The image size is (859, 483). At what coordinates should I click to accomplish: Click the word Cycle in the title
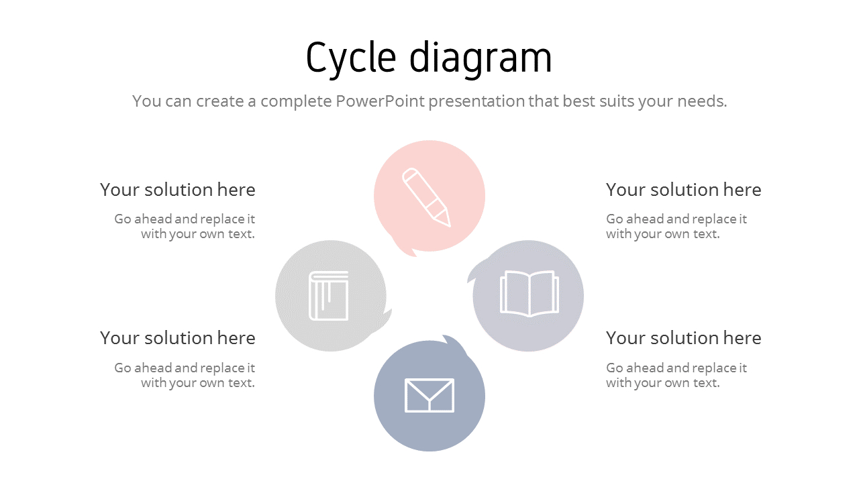click(351, 58)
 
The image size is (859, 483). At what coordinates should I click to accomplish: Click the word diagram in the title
click(481, 58)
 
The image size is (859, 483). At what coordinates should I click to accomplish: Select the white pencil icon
click(426, 197)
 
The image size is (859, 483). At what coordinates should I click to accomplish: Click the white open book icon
click(529, 293)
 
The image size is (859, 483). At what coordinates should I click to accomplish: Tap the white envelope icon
click(429, 395)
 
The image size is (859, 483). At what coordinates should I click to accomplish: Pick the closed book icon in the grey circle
click(329, 296)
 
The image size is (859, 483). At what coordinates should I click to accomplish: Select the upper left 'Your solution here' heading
click(178, 190)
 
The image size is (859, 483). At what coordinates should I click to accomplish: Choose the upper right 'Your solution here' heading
click(683, 190)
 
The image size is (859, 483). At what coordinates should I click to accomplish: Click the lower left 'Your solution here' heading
click(178, 338)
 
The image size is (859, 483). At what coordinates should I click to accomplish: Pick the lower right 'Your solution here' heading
click(683, 338)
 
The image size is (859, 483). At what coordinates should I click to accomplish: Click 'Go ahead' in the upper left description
click(135, 219)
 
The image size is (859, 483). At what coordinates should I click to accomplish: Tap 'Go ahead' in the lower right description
click(627, 368)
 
